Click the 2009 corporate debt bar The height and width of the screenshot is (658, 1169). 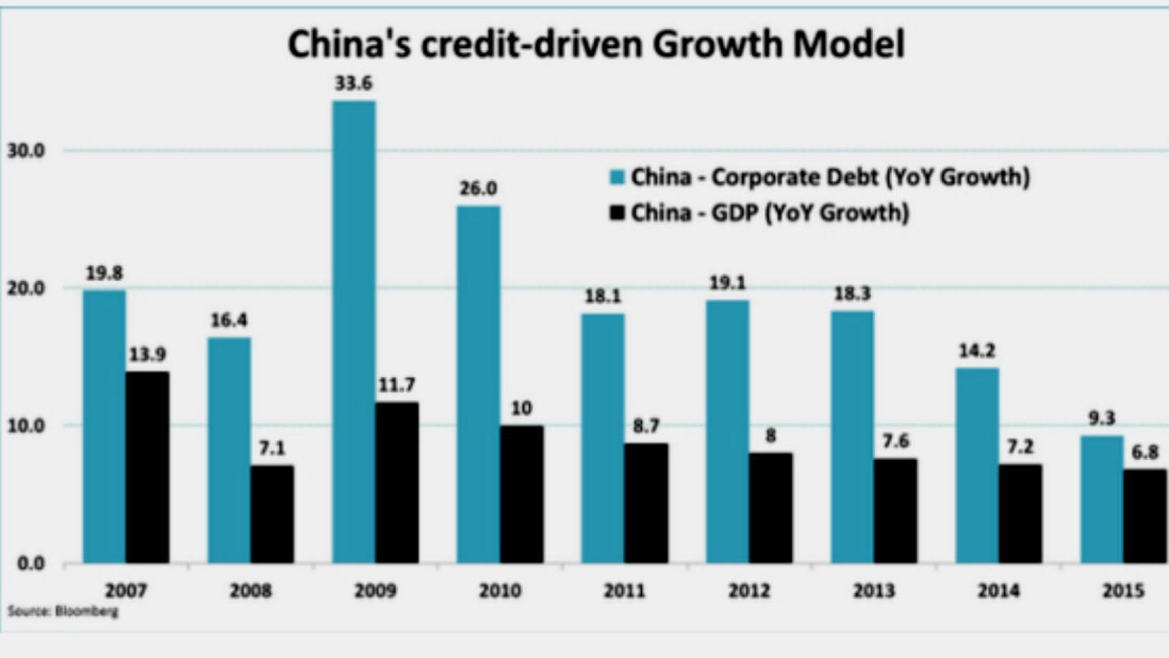pos(354,332)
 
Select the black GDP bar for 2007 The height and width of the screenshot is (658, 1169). pos(147,467)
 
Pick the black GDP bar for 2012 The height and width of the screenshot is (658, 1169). pos(770,508)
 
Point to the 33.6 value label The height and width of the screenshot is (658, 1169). pos(354,84)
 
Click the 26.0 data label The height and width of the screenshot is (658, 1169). pos(478,188)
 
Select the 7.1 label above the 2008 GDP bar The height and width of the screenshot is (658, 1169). pos(271,448)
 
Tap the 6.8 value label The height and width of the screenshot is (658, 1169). pos(1145,452)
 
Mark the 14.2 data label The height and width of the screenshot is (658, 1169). pos(976,351)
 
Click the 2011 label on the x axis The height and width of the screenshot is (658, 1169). pos(624,590)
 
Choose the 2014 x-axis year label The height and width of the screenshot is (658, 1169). pos(998,590)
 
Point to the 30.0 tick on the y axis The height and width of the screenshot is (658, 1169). pos(27,151)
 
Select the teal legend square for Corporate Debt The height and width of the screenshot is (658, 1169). pos(617,178)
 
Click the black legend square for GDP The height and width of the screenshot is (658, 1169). pos(617,213)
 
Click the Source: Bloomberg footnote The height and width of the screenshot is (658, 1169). pos(63,611)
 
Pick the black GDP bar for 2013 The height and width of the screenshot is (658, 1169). pos(895,511)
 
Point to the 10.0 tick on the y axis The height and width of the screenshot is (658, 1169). pos(27,426)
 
